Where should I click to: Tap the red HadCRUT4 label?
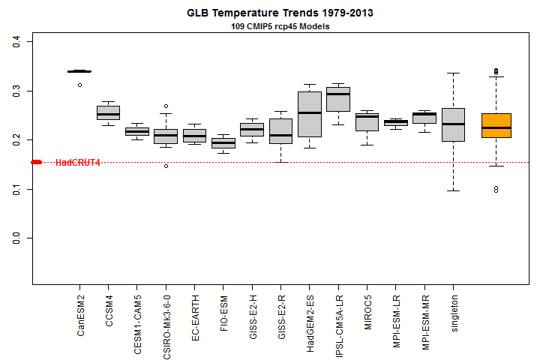(x=78, y=163)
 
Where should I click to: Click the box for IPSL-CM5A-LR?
(x=338, y=99)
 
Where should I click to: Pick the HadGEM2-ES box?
(x=310, y=114)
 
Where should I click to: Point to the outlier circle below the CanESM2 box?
(x=79, y=85)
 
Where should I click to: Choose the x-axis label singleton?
(x=453, y=307)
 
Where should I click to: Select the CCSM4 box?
(x=108, y=112)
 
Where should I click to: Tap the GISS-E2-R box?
(x=280, y=131)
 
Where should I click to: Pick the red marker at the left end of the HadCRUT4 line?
(x=36, y=162)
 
